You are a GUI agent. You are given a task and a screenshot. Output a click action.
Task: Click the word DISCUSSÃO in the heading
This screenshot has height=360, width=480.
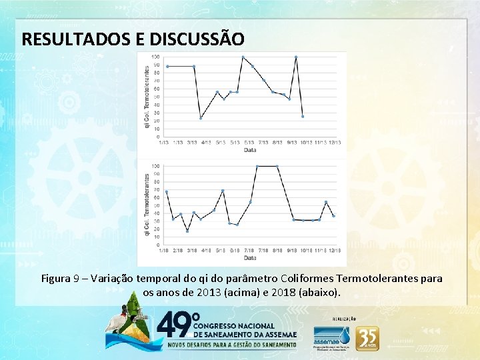[x=189, y=39]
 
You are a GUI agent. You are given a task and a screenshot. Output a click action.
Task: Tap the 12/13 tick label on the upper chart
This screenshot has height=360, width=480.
[x=336, y=142]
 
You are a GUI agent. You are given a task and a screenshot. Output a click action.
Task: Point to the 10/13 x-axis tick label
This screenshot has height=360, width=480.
[x=306, y=142]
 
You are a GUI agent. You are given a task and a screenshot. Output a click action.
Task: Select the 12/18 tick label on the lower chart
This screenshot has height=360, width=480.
[x=335, y=251]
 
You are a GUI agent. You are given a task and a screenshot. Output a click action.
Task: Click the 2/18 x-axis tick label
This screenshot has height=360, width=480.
[x=178, y=251]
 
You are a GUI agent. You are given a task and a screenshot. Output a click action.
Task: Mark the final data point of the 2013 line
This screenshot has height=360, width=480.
[x=303, y=117]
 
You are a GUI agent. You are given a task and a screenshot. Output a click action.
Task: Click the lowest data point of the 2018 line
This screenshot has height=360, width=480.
[x=187, y=231]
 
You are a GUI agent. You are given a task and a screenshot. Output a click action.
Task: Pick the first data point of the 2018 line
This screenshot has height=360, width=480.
[x=166, y=192]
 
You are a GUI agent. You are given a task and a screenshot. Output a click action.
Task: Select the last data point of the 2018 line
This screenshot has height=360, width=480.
[x=333, y=216]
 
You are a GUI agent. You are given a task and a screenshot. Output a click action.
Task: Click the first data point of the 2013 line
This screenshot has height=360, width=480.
[x=167, y=66]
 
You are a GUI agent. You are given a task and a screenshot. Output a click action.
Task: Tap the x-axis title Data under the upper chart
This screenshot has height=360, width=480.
[x=249, y=150]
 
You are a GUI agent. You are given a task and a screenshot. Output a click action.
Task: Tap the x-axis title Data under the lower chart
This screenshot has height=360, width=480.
[x=249, y=258]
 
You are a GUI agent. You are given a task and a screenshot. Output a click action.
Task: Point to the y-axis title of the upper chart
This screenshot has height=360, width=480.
[x=147, y=97]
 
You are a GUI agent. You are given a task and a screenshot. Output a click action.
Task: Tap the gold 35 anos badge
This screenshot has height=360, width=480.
[x=367, y=338]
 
